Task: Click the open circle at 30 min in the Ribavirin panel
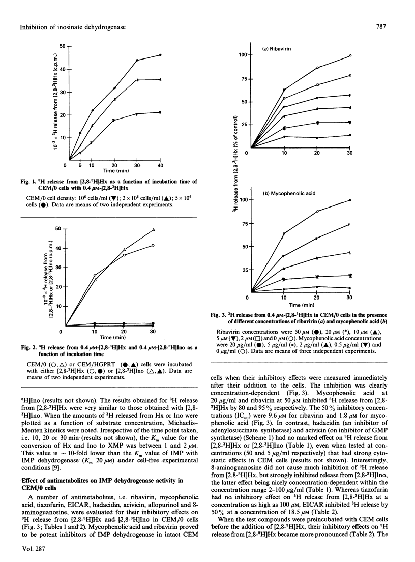[350, 55]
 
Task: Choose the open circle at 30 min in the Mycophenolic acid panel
[350, 200]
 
